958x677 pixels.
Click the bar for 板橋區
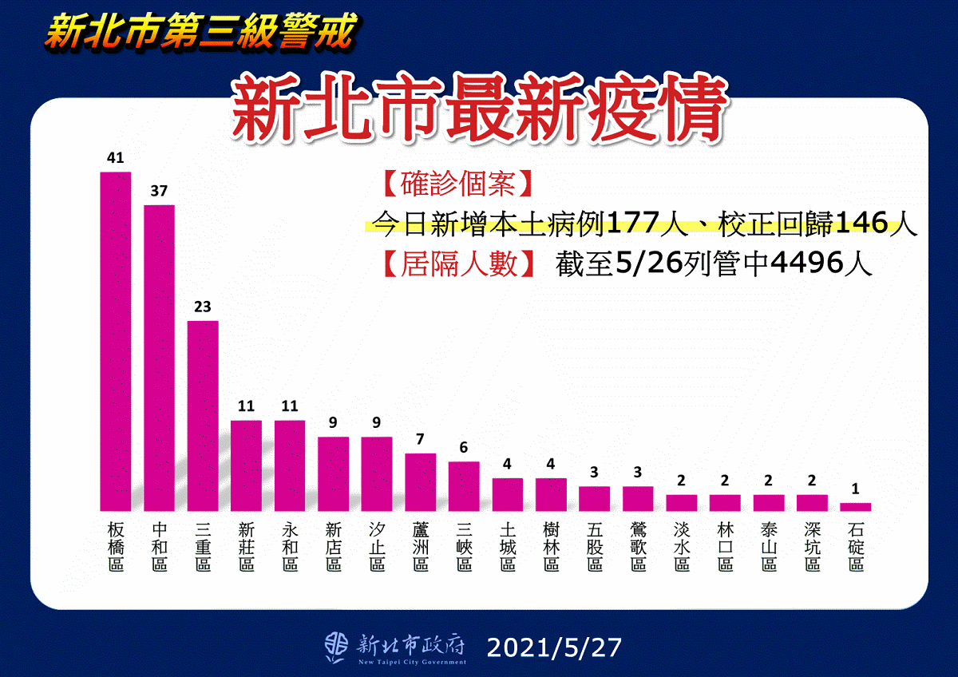[x=115, y=342]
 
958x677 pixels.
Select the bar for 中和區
[x=159, y=358]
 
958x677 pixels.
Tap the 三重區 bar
[x=202, y=416]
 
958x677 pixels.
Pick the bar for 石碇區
[x=856, y=506]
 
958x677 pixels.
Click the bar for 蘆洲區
[x=420, y=482]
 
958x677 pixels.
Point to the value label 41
[x=115, y=158]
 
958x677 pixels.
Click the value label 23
[x=202, y=307]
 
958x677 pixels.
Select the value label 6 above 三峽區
[x=464, y=448]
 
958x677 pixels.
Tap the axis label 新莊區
[x=246, y=547]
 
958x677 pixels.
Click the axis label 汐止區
[x=377, y=547]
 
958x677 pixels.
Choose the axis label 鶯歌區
[x=638, y=547]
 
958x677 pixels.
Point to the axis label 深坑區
[x=812, y=547]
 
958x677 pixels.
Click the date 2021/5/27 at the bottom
[x=552, y=647]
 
